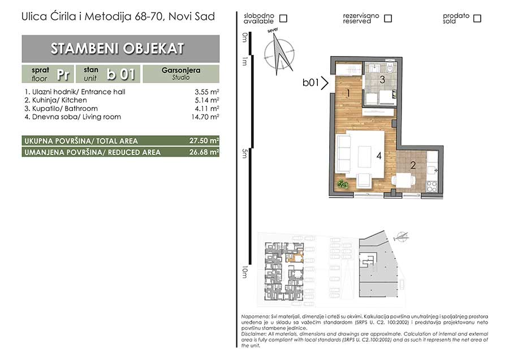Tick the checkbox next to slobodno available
click(x=283, y=19)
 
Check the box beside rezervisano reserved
click(x=388, y=19)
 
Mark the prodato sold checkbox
click(x=477, y=19)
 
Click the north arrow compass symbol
click(x=279, y=53)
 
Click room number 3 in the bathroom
click(x=382, y=79)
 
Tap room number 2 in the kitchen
click(x=413, y=165)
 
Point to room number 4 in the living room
click(x=379, y=156)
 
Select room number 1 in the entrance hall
click(x=348, y=93)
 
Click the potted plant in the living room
click(x=342, y=185)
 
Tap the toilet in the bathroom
click(x=390, y=68)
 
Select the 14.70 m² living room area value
click(x=205, y=117)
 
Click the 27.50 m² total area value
click(x=204, y=141)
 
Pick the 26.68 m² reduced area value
click(x=204, y=152)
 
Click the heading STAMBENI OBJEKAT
click(x=118, y=49)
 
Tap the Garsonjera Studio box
click(x=181, y=74)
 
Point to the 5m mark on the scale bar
click(x=244, y=153)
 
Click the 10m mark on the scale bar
click(x=244, y=272)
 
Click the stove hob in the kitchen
click(x=432, y=186)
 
